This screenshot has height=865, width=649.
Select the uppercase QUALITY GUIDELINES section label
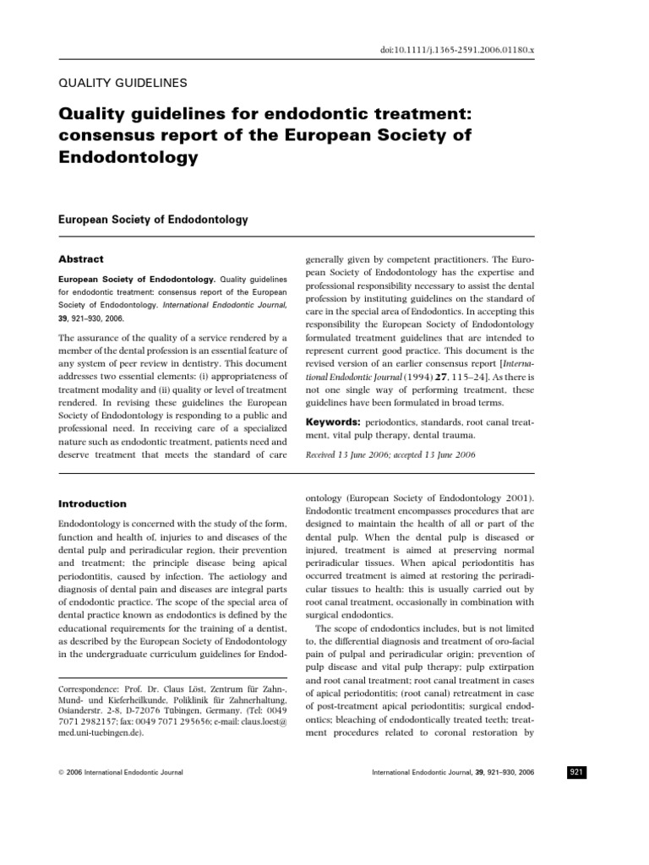click(121, 83)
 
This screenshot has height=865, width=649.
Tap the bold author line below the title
click(152, 220)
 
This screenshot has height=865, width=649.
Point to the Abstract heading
click(80, 259)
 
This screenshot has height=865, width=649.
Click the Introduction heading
click(92, 503)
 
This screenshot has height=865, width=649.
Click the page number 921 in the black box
click(578, 771)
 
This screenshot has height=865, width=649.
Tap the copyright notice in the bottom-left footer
click(120, 772)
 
